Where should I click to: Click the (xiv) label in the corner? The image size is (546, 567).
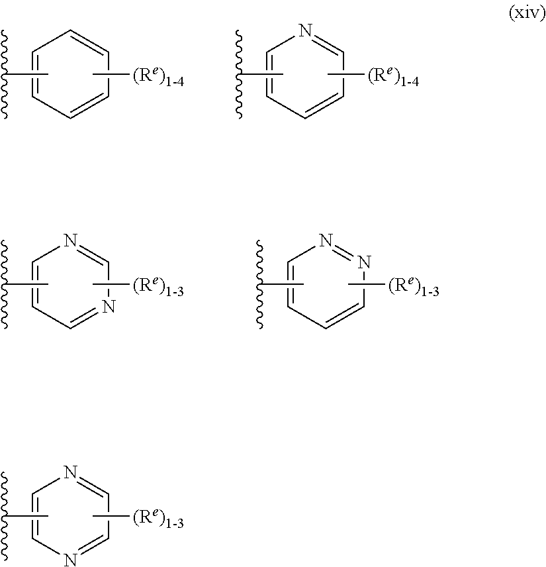(525, 15)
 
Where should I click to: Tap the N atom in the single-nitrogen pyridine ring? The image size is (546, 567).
(305, 30)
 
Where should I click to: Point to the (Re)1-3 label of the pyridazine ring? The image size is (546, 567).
(413, 288)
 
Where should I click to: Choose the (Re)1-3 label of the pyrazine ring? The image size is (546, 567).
(158, 520)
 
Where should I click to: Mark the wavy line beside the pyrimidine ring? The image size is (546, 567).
(7, 285)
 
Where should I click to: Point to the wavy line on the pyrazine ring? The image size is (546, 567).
(7, 517)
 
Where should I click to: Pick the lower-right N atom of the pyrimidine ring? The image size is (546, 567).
(110, 307)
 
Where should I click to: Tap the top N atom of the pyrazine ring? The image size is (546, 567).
(71, 472)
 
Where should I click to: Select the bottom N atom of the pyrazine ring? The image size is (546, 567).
(71, 561)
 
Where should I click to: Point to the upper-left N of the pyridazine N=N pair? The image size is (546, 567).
(326, 241)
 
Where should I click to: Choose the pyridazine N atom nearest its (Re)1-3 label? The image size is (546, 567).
(363, 264)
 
